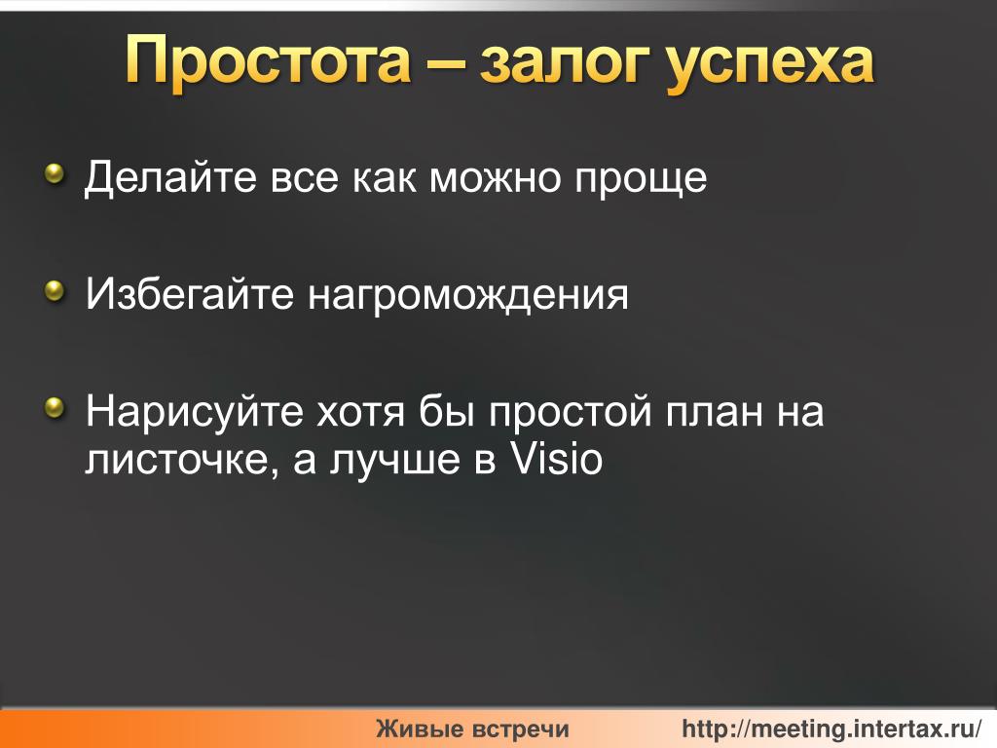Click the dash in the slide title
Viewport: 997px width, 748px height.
[446, 64]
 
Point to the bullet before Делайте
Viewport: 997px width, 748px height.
[55, 173]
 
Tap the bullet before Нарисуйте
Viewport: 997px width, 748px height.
[55, 408]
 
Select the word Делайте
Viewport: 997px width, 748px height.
[171, 178]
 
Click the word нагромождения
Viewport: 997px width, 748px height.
[468, 297]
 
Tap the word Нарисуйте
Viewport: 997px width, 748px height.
[195, 412]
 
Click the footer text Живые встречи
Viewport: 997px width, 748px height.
[472, 729]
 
